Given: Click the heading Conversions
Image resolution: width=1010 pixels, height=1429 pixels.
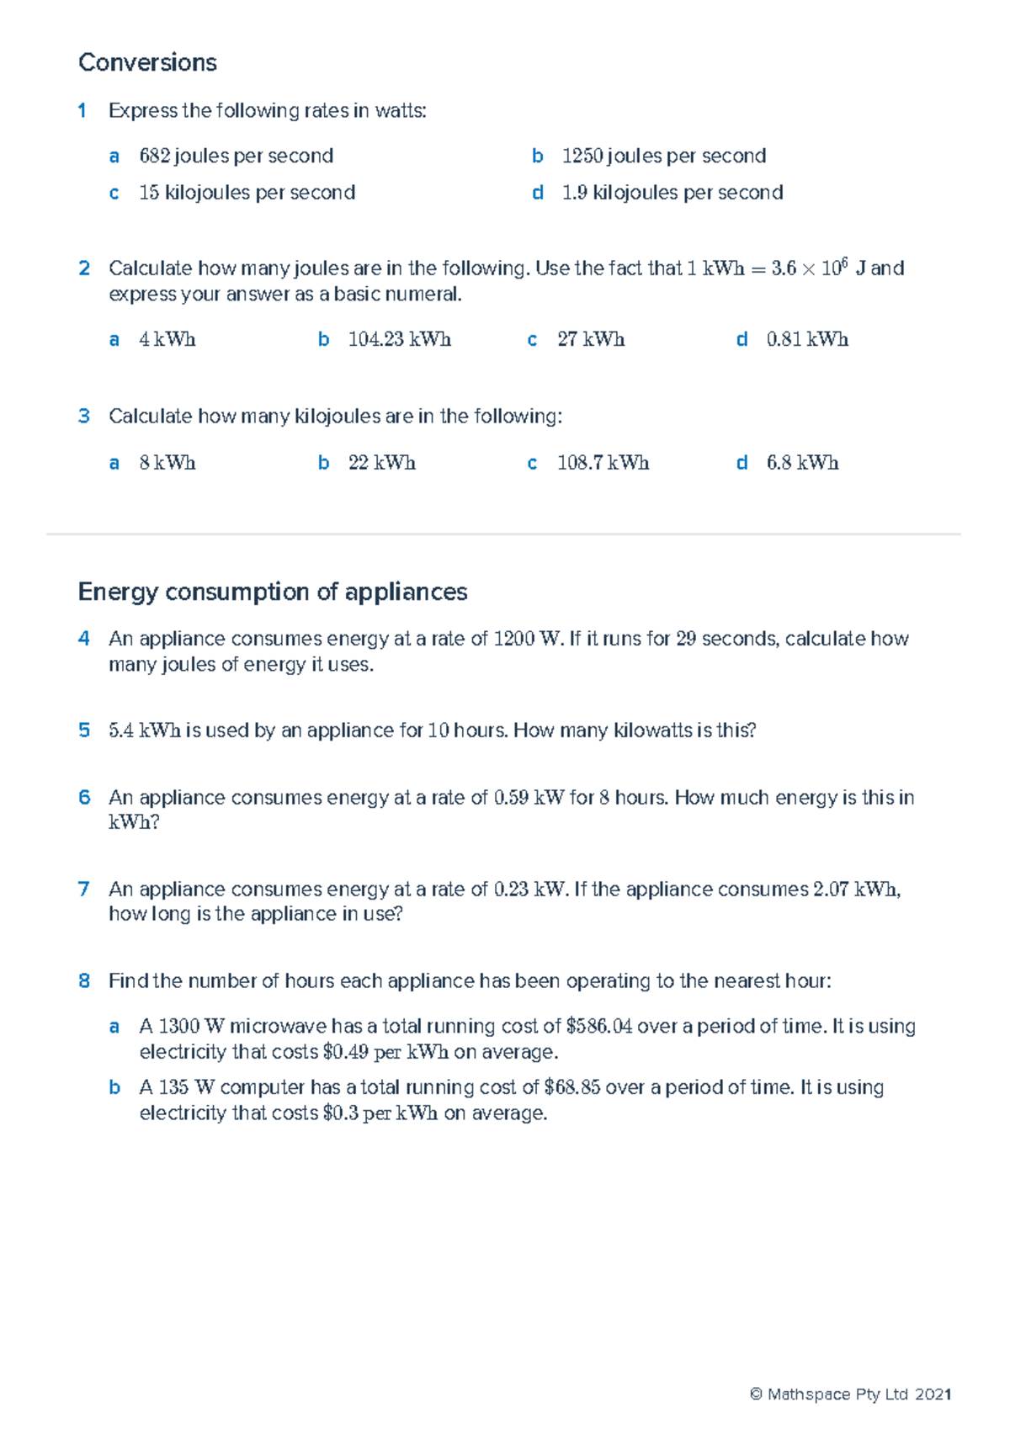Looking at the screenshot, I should (x=147, y=62).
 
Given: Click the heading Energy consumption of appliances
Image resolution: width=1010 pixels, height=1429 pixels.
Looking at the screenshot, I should (x=272, y=592).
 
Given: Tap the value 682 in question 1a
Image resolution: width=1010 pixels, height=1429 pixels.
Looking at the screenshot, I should (x=155, y=156).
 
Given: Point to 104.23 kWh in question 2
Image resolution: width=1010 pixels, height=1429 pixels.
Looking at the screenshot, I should (x=399, y=339).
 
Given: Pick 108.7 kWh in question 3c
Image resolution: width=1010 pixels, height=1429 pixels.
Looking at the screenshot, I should (x=603, y=463).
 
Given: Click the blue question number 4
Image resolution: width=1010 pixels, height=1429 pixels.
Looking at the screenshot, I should (x=83, y=639).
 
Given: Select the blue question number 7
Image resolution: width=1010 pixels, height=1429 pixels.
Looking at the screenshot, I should (x=83, y=889).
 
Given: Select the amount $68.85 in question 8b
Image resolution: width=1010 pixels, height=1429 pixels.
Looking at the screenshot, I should (x=571, y=1087).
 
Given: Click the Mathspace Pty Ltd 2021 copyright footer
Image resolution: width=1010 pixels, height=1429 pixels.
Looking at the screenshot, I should (x=850, y=1394).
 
